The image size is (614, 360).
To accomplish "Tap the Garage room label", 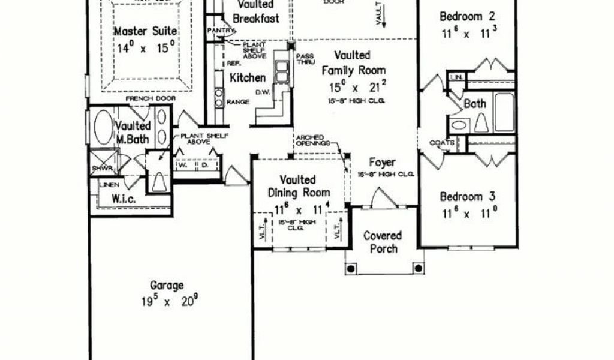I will [167, 286].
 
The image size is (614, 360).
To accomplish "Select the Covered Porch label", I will [383, 241].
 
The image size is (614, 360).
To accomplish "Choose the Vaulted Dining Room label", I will [298, 186].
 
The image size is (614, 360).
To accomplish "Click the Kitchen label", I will [248, 77].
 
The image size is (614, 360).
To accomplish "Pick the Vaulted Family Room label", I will [353, 62].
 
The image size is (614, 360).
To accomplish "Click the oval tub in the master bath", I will [104, 127].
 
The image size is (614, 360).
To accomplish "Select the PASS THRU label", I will [302, 59].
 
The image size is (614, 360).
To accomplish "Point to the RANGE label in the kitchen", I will [237, 102].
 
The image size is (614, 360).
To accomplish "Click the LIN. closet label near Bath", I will [456, 77].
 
